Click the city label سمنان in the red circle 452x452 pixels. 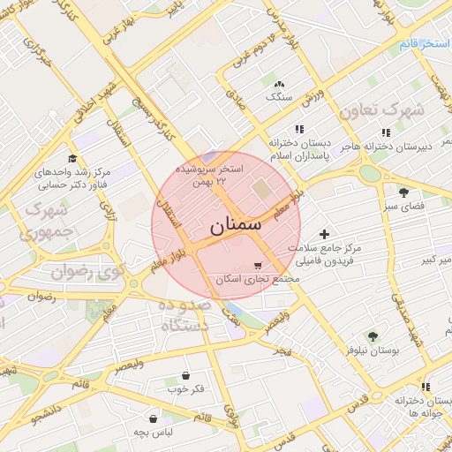tap(236, 225)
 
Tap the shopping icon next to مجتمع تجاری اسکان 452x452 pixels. tap(257, 265)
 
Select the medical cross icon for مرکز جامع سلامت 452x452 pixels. tap(324, 235)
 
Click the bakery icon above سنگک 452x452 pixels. tap(280, 84)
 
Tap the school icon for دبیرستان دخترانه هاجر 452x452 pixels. tap(386, 132)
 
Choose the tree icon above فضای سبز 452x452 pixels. tap(403, 192)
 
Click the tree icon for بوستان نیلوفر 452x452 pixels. tap(372, 335)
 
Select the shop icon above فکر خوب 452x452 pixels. tap(185, 375)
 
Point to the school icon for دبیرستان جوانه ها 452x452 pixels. tap(426, 387)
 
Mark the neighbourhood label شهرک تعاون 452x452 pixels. tap(394, 113)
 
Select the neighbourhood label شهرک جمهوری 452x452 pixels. tap(49, 222)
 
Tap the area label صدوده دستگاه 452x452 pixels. tap(186, 315)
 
